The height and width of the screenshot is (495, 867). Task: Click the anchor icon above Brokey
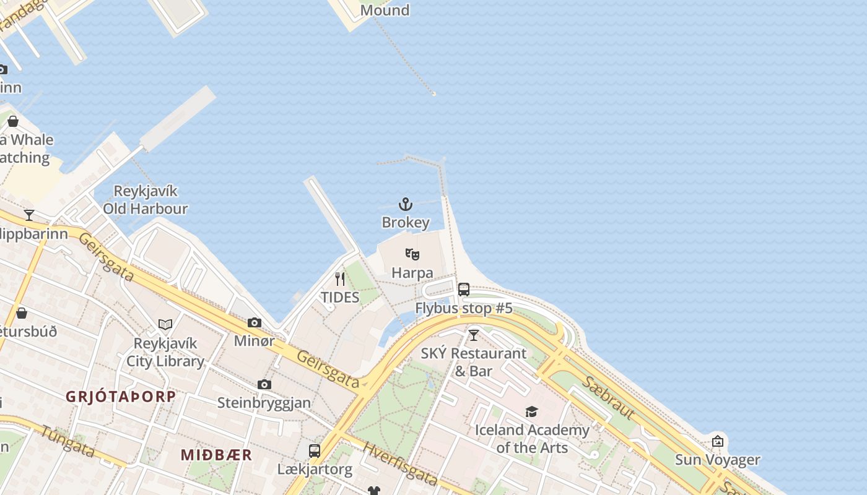405,204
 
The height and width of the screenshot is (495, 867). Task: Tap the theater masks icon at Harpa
412,254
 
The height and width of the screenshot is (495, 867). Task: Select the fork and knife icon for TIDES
339,279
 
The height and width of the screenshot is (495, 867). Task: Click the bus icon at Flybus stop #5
464,289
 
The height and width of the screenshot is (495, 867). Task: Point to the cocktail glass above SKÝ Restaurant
474,335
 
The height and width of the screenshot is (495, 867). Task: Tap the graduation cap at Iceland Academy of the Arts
531,411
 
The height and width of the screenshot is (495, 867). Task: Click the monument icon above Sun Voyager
717,441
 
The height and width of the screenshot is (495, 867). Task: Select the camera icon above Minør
254,322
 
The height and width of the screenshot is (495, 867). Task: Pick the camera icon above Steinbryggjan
264,384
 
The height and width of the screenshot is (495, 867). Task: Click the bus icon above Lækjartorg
315,450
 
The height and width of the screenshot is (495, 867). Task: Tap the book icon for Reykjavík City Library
165,324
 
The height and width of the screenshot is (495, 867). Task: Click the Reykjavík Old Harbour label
146,200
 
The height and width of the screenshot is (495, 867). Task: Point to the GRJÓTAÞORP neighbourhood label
121,397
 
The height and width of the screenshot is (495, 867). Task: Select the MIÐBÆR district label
216,455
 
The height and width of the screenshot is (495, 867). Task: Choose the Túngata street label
68,441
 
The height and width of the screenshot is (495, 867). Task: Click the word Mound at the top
385,10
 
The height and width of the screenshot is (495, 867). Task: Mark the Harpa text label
412,272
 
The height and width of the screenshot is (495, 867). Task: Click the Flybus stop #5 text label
464,308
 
